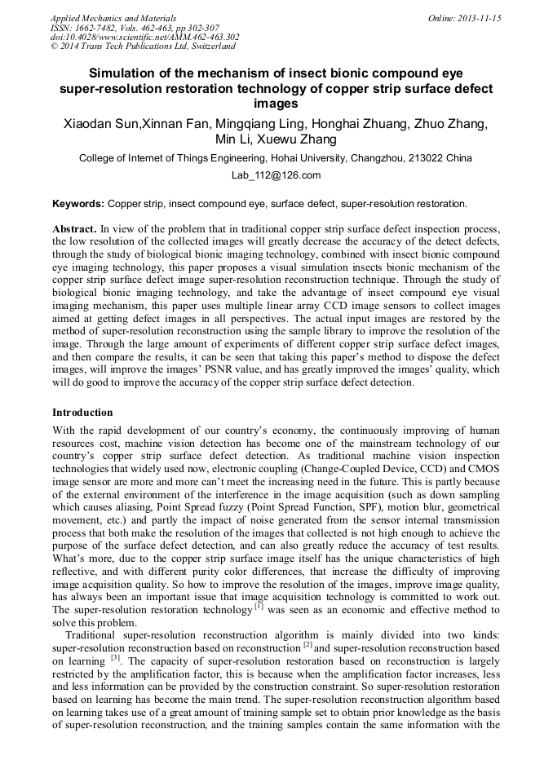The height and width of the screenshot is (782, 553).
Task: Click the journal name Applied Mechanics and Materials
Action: [113, 18]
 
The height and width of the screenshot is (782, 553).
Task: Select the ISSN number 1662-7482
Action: [99, 28]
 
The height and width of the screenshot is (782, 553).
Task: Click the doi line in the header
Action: [144, 37]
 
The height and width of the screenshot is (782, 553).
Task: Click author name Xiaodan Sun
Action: [102, 124]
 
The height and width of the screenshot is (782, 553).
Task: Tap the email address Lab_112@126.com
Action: [276, 175]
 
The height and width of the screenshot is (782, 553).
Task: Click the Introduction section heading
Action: [82, 413]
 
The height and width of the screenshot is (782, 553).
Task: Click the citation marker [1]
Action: [259, 606]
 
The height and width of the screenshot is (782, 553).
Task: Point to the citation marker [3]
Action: [117, 658]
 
